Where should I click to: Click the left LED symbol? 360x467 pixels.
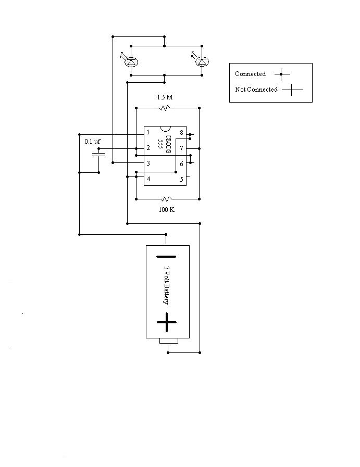click(x=131, y=61)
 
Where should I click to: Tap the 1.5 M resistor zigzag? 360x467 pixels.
click(x=165, y=108)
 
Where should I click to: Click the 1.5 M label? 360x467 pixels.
click(x=165, y=97)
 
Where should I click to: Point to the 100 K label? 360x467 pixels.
click(x=166, y=209)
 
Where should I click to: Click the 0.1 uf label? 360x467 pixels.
click(x=93, y=141)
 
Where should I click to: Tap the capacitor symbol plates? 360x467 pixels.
click(x=98, y=155)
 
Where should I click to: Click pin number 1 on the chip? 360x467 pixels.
click(x=148, y=133)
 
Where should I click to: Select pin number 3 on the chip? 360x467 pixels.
click(x=148, y=163)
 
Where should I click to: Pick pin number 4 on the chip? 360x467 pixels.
click(x=148, y=179)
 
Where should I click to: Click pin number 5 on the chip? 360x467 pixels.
click(x=181, y=179)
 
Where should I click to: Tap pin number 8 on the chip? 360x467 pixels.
click(x=181, y=133)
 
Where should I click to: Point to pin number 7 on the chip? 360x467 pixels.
click(x=181, y=148)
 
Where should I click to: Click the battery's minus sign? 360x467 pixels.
click(x=166, y=256)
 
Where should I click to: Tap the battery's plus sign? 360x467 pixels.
click(x=167, y=322)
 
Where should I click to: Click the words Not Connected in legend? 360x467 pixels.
click(x=256, y=90)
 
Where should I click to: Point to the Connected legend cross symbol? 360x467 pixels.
click(x=281, y=74)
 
